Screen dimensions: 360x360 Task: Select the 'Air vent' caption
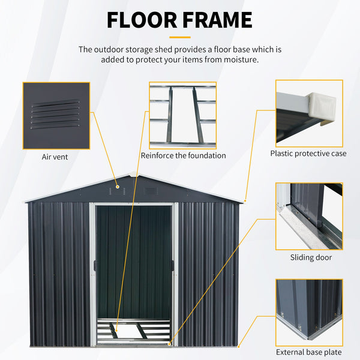(55, 157)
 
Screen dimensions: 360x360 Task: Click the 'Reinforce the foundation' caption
(183, 155)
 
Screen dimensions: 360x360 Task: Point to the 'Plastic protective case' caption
(308, 154)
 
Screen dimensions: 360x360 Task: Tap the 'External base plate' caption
(309, 352)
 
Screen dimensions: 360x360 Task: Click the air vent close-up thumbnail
(56, 116)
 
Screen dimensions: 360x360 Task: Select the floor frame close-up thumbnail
(182, 115)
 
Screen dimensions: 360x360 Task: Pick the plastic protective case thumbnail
(309, 113)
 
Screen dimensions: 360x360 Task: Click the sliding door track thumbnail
(309, 216)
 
